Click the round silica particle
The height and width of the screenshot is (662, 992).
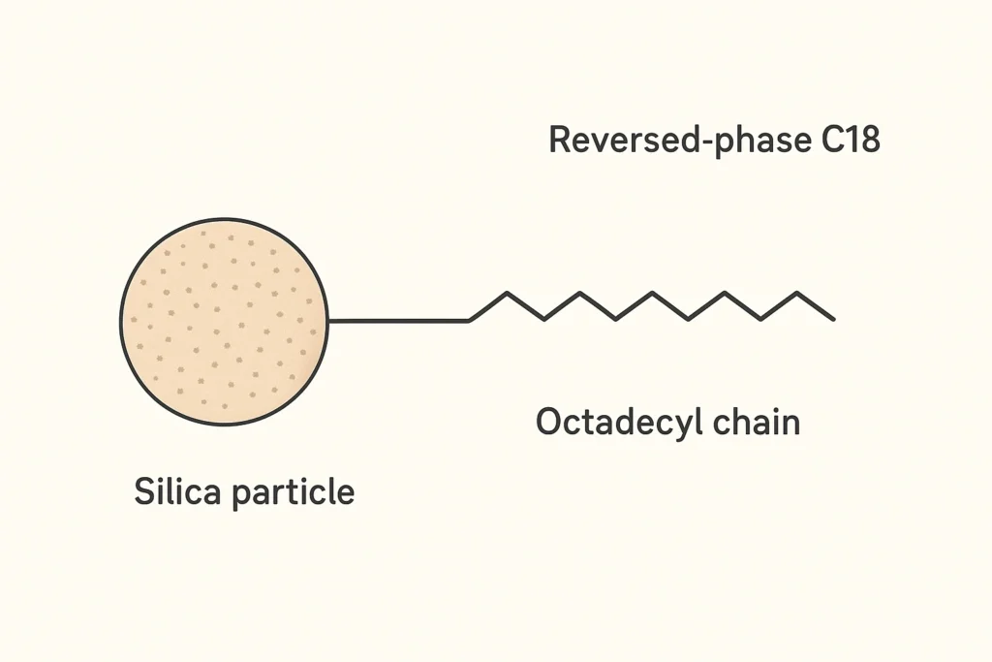click(x=224, y=321)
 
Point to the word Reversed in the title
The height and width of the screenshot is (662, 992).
click(x=614, y=141)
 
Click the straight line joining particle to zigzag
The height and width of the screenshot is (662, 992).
click(x=399, y=320)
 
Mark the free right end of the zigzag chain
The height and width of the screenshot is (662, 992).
click(x=833, y=319)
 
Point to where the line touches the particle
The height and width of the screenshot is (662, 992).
click(x=328, y=320)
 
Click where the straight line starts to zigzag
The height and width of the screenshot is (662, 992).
click(x=470, y=320)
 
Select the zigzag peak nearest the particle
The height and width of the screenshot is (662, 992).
click(x=506, y=293)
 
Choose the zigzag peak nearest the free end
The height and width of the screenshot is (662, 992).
click(x=797, y=293)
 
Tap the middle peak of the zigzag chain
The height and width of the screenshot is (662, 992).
click(x=651, y=293)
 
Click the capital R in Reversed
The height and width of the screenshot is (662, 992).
click(x=559, y=141)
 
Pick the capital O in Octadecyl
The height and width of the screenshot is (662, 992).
click(x=549, y=423)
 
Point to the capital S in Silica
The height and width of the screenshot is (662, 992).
click(x=143, y=491)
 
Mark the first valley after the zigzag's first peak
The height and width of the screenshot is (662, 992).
click(x=542, y=319)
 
